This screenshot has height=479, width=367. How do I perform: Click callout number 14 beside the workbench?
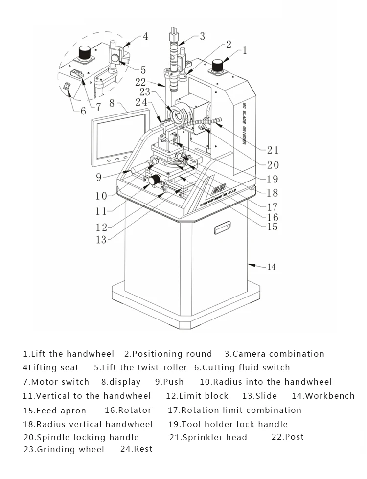[x=271, y=267]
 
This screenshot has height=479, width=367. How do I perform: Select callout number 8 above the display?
[x=112, y=103]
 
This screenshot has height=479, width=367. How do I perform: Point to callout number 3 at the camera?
[x=202, y=36]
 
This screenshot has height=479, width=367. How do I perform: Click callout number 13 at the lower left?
[x=100, y=239]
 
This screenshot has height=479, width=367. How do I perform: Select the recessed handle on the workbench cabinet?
[x=222, y=227]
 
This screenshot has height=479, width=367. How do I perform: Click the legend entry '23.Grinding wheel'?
[x=64, y=449]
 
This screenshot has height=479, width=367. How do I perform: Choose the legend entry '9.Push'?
[x=169, y=382]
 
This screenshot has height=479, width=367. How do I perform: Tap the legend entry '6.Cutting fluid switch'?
[x=242, y=367]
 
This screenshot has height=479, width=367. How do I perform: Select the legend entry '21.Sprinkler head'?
[x=208, y=437]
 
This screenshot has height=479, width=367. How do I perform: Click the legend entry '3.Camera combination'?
[x=275, y=354]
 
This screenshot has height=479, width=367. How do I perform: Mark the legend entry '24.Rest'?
[x=136, y=449]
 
